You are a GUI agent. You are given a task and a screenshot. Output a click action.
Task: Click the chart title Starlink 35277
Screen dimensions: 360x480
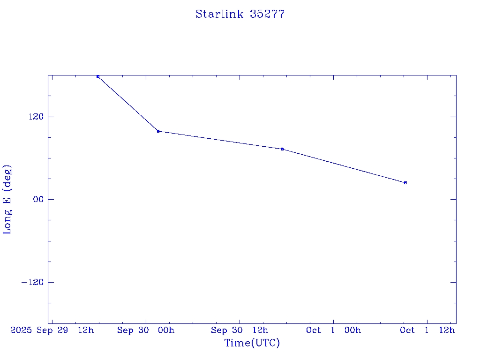coord(240,14)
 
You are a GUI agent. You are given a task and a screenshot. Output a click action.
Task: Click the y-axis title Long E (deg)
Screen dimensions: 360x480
coord(7,199)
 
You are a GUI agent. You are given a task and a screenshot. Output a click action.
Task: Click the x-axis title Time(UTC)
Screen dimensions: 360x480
coord(252,343)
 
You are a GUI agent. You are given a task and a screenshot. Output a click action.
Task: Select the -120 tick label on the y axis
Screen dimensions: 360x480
coord(32,282)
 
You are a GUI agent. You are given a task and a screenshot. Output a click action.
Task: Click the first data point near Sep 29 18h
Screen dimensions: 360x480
coord(98,76)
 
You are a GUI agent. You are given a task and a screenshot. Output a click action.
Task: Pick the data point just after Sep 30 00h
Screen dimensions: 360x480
coord(158,131)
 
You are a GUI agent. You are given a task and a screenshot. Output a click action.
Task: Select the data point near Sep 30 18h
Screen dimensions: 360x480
coord(282,149)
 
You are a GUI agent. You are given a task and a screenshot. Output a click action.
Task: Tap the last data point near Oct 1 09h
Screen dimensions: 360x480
coord(405,183)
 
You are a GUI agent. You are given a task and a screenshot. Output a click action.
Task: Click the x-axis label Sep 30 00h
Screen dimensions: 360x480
coord(146,330)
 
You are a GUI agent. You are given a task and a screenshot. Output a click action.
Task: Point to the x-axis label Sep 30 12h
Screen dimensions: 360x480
coord(240,330)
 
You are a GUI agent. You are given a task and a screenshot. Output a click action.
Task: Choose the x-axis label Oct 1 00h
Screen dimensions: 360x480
coord(333,330)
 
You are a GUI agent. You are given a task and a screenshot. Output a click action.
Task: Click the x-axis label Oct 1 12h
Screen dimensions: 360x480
coord(427,330)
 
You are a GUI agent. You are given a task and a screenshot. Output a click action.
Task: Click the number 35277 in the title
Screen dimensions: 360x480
coord(267,14)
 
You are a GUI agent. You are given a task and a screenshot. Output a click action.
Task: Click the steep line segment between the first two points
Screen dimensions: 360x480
coord(128,104)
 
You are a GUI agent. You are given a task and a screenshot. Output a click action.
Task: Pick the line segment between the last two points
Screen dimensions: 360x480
coord(344,166)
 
